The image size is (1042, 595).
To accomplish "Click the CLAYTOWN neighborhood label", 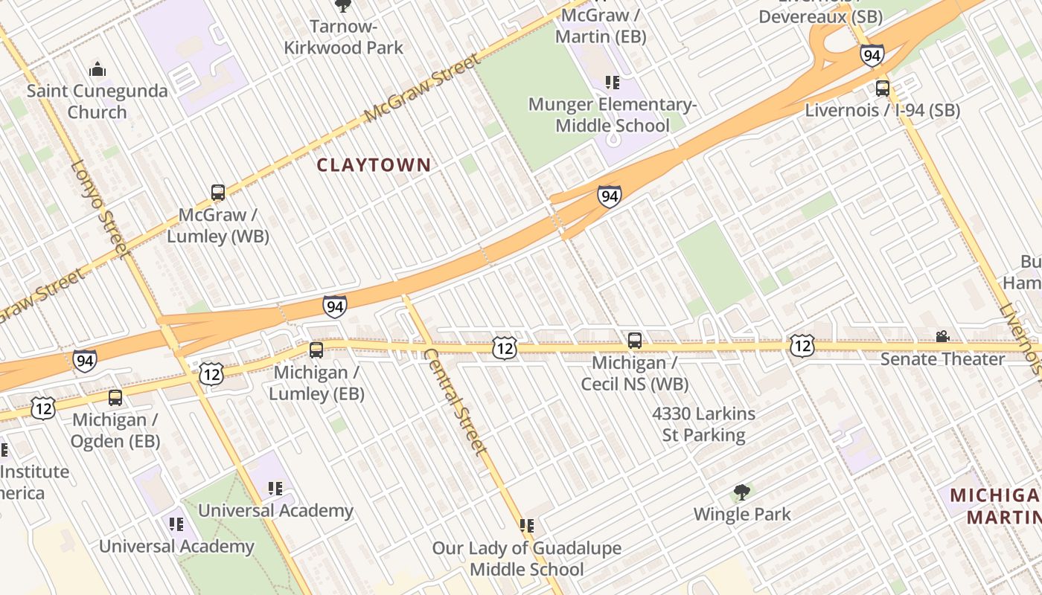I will [374, 165].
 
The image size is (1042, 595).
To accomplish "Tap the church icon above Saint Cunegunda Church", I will [98, 70].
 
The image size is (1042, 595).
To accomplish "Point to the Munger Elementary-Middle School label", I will [612, 115].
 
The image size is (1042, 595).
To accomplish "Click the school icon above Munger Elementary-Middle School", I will [612, 82].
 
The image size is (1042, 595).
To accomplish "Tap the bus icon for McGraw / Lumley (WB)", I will [218, 193].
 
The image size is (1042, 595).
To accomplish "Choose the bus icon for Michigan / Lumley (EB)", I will [316, 350].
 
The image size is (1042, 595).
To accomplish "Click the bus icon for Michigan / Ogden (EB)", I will [115, 398].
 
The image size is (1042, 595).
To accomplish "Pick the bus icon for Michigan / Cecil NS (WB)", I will [634, 341].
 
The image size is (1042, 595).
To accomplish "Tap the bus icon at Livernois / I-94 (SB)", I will [882, 89].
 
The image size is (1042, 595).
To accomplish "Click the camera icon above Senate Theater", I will [942, 337].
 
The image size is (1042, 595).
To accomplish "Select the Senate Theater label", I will [942, 359].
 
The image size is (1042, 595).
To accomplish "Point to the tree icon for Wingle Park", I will [741, 492].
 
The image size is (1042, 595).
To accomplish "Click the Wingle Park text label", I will [742, 514].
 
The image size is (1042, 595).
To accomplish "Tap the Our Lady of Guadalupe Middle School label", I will [526, 559].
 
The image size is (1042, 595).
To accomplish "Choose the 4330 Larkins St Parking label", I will [703, 424].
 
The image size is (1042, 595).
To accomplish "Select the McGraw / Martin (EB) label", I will [603, 25].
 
